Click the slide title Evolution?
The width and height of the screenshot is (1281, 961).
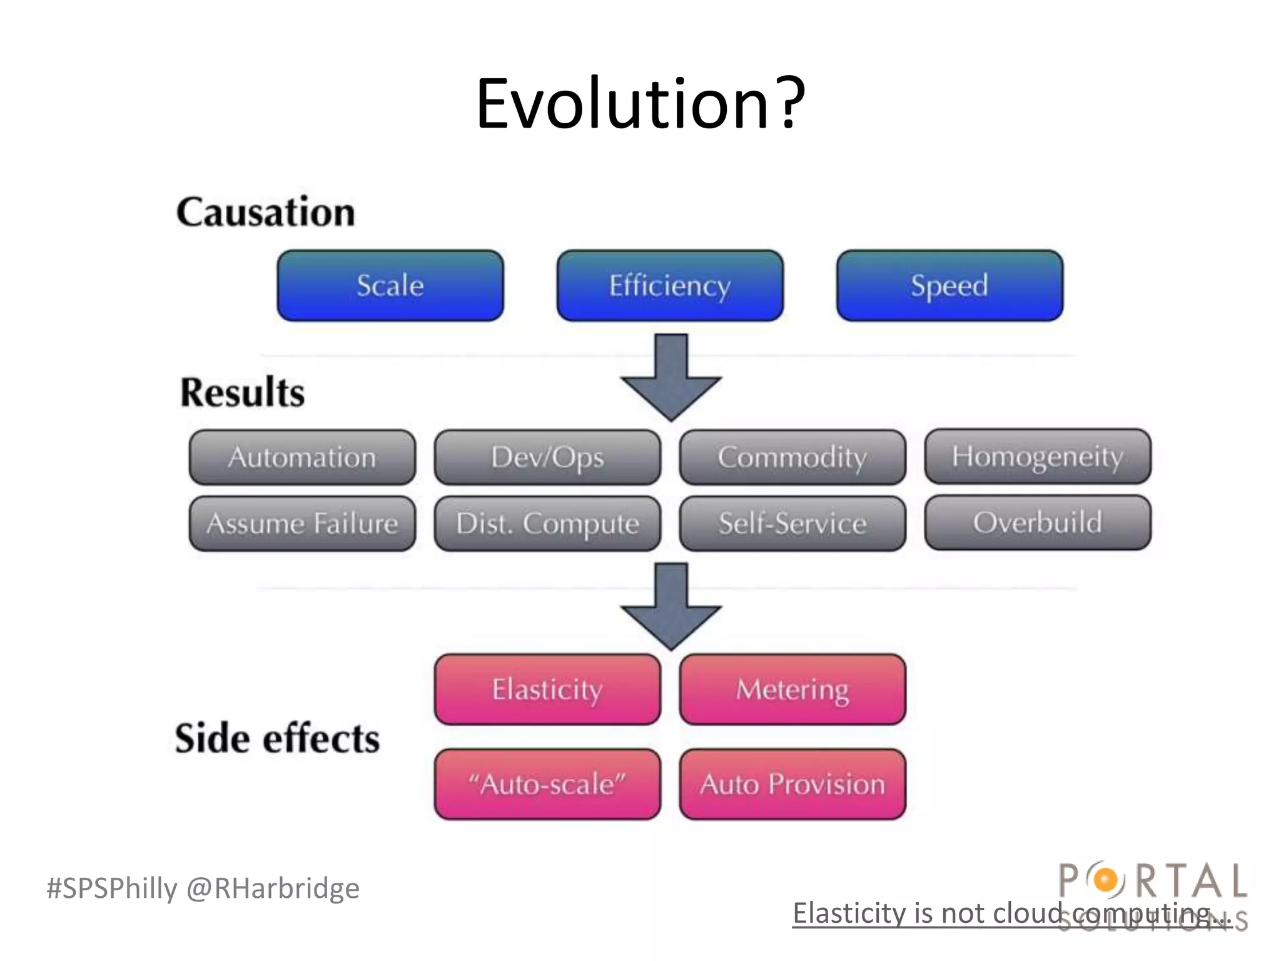pyautogui.click(x=640, y=103)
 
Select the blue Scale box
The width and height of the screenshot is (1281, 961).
pyautogui.click(x=390, y=286)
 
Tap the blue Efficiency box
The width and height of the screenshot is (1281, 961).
pyautogui.click(x=670, y=286)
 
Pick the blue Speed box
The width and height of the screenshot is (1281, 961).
pyautogui.click(x=949, y=286)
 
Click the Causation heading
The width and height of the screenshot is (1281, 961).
pyautogui.click(x=266, y=212)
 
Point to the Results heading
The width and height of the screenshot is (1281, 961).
pyautogui.click(x=243, y=392)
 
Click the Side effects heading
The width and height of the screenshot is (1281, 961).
pyautogui.click(x=277, y=738)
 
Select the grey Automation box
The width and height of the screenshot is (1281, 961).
pyautogui.click(x=302, y=457)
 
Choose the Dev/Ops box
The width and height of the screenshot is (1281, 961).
pyautogui.click(x=547, y=457)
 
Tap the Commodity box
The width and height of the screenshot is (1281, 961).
pyautogui.click(x=792, y=457)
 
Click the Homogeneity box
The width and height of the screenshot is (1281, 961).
pyautogui.click(x=1038, y=456)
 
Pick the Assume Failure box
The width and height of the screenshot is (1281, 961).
pyautogui.click(x=302, y=524)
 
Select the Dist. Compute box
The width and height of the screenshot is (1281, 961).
pyautogui.click(x=547, y=524)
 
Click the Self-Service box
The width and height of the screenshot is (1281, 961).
pyautogui.click(x=792, y=524)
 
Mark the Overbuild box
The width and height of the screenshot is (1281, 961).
pyautogui.click(x=1038, y=522)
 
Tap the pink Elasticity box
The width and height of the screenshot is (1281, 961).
pyautogui.click(x=547, y=689)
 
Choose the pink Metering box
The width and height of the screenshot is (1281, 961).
pyautogui.click(x=792, y=689)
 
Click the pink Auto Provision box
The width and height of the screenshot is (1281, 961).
pyautogui.click(x=792, y=784)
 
